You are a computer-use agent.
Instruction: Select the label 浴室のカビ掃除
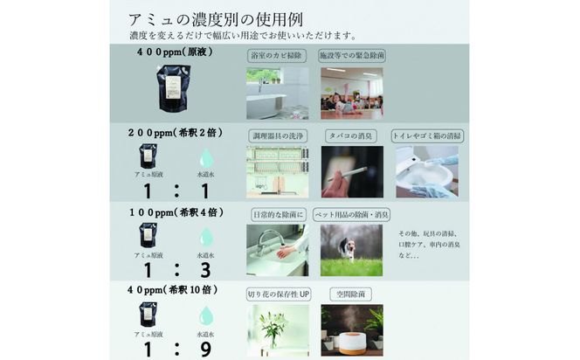coord(277,56)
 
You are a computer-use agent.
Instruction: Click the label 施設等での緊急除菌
coord(351,56)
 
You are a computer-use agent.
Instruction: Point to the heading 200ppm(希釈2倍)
coord(175,135)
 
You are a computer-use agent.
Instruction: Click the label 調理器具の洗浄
coord(277,135)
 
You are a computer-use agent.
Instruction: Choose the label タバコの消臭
coord(351,135)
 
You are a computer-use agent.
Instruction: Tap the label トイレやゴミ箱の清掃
coord(427,135)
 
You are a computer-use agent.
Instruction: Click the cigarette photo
coord(351,171)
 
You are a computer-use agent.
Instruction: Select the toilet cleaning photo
coord(427,171)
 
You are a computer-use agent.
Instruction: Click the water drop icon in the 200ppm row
coord(206,158)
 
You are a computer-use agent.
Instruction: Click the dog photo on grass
coord(351,250)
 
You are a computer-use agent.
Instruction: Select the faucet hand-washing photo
coord(277,250)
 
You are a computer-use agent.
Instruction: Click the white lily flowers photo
coord(277,330)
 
